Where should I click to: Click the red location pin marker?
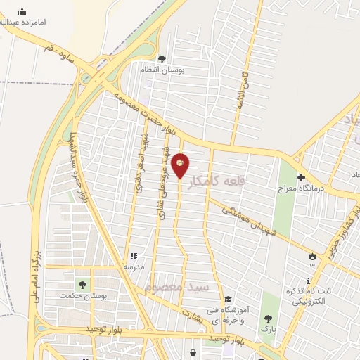181,165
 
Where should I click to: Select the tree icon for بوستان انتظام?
162,59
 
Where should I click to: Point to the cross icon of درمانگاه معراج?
301,177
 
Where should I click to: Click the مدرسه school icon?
133,257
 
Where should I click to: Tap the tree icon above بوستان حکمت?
83,284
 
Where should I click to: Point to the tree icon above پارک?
268,319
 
